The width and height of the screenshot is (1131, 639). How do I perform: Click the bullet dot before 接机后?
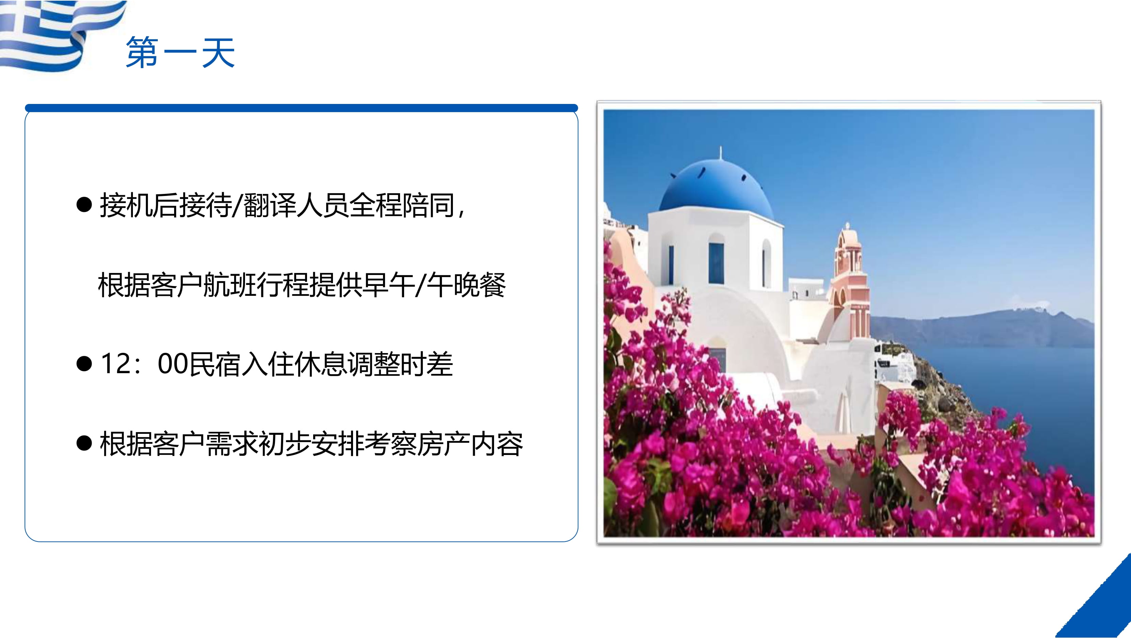[x=84, y=205]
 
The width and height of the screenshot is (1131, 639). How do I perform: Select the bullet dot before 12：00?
[x=84, y=364]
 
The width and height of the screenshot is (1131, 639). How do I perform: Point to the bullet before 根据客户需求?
[x=84, y=444]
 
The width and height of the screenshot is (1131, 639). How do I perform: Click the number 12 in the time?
[x=116, y=364]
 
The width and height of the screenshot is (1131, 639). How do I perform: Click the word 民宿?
[x=215, y=364]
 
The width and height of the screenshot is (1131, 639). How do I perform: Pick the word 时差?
[x=426, y=364]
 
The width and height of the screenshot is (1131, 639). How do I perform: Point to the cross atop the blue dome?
[x=720, y=153]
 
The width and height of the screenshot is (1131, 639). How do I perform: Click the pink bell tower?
[x=849, y=281]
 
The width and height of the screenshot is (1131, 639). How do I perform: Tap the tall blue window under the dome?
[x=716, y=263]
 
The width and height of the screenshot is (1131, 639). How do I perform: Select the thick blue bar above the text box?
[x=301, y=108]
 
